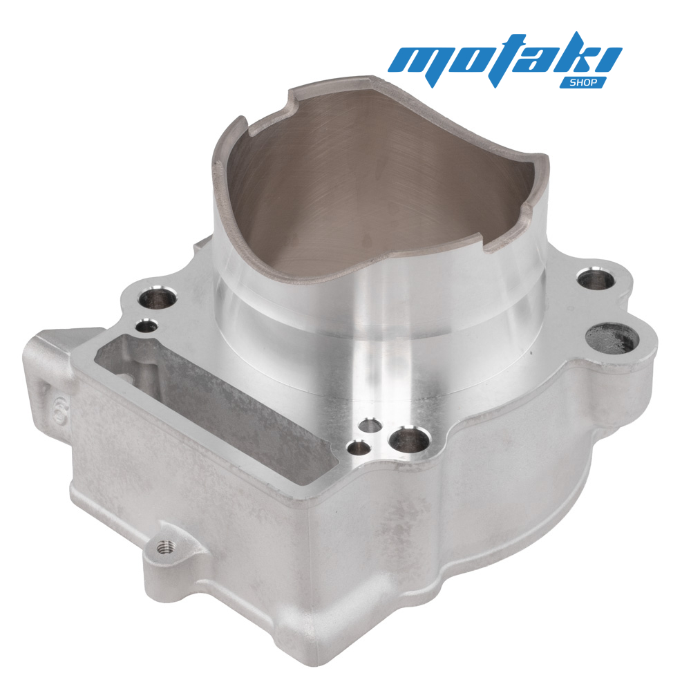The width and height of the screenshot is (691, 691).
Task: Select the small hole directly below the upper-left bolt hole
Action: coord(146,326)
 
